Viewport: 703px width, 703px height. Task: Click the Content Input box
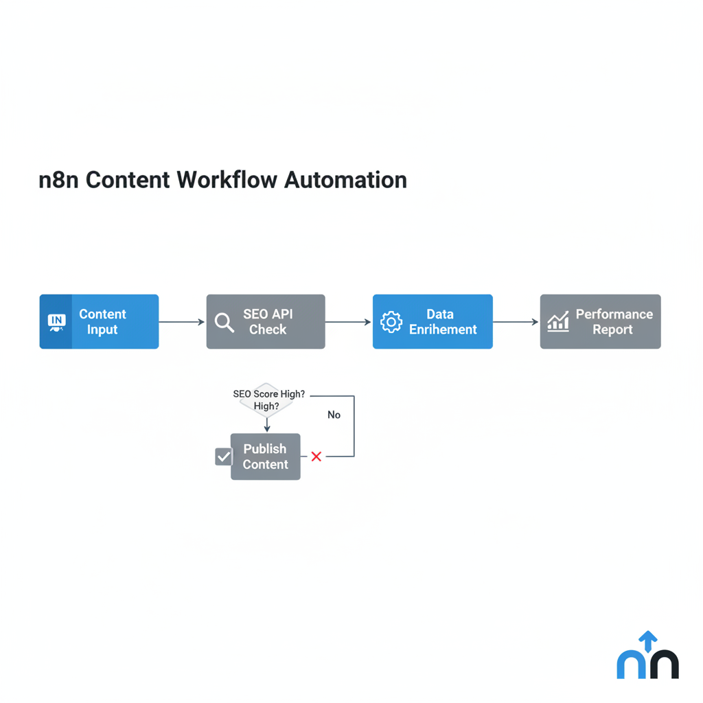tap(100, 322)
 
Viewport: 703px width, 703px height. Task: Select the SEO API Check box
tap(266, 322)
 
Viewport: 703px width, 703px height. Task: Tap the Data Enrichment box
tap(433, 322)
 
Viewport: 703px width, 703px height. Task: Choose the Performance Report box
tap(600, 322)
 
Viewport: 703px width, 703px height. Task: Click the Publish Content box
tap(265, 457)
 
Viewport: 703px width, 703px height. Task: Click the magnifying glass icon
tap(224, 322)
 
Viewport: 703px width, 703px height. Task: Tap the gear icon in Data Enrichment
tap(391, 322)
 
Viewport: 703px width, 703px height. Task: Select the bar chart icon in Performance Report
tap(558, 321)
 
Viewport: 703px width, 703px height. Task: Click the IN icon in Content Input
tap(56, 322)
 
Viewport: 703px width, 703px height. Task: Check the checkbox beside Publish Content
tap(224, 457)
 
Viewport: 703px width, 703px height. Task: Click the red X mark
tap(316, 457)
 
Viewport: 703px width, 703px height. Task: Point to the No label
tap(334, 415)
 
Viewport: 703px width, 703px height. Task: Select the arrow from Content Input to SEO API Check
tap(182, 322)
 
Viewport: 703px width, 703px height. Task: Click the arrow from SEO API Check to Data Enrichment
tap(349, 322)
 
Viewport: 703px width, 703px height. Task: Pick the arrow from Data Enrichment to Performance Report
tap(516, 322)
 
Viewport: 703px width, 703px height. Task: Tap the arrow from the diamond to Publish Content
tap(267, 425)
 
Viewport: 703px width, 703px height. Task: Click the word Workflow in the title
tap(227, 180)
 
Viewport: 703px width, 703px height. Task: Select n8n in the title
tap(59, 180)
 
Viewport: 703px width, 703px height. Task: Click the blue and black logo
tap(647, 656)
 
